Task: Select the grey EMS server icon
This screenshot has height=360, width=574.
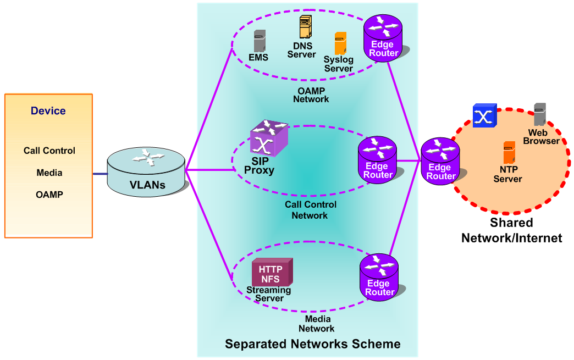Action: pyautogui.click(x=260, y=41)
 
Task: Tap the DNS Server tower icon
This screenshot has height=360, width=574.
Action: pyautogui.click(x=305, y=27)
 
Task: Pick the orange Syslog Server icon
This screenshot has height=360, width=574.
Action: pyautogui.click(x=340, y=43)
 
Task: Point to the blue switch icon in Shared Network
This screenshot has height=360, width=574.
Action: pyautogui.click(x=484, y=116)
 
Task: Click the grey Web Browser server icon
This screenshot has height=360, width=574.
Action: pyautogui.click(x=539, y=115)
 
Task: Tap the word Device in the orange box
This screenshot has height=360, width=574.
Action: pyautogui.click(x=48, y=111)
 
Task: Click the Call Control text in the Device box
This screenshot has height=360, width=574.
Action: pyautogui.click(x=49, y=151)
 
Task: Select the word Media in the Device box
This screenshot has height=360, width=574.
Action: pyautogui.click(x=49, y=173)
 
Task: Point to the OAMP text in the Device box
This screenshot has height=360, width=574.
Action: pyautogui.click(x=49, y=195)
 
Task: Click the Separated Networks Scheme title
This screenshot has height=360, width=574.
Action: pyautogui.click(x=312, y=345)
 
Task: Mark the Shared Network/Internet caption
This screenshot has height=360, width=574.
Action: pyautogui.click(x=511, y=230)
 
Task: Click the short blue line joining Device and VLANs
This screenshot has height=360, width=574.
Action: pyautogui.click(x=100, y=174)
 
